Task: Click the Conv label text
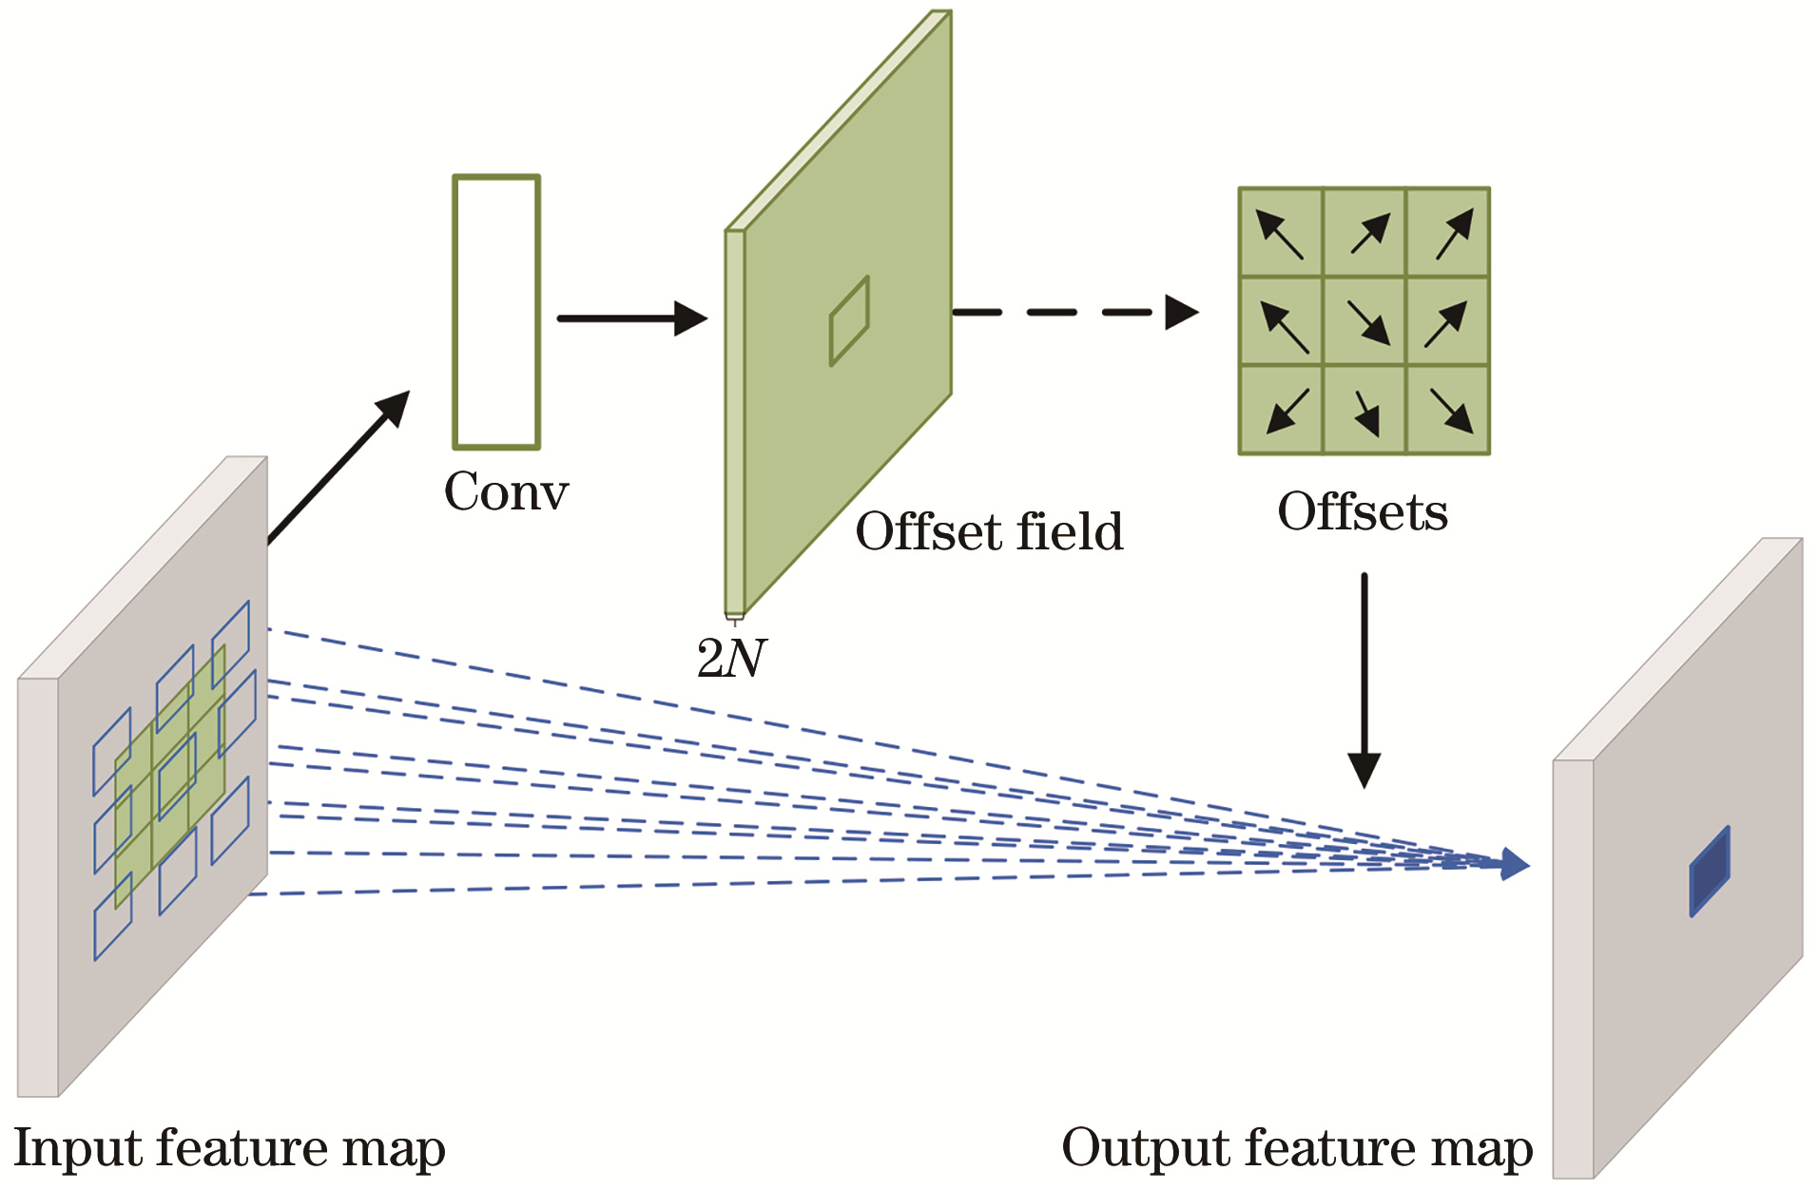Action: point(506,491)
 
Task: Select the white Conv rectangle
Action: point(496,312)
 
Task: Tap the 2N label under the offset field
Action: point(730,658)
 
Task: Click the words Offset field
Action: point(989,530)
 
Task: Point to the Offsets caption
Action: point(1363,512)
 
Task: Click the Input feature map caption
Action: point(229,1147)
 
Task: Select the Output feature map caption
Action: point(1297,1147)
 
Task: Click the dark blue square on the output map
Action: point(1710,872)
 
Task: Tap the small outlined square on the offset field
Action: point(849,321)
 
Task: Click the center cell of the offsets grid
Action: point(1364,321)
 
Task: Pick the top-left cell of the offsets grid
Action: point(1281,233)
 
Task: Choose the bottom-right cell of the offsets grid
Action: point(1448,410)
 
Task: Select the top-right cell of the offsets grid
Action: point(1448,233)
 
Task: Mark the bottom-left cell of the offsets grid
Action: point(1281,410)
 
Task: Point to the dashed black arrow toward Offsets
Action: point(1074,312)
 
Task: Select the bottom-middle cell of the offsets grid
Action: point(1364,410)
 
